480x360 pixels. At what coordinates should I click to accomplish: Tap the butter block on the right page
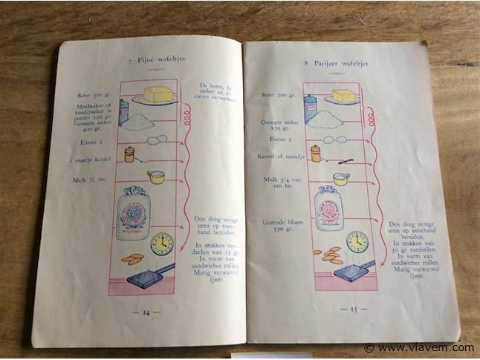pos(343,95)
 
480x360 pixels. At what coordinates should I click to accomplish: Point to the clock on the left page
pos(161,242)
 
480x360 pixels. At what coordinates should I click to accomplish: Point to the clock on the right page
pos(357,241)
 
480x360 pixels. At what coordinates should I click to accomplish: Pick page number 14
pos(141,312)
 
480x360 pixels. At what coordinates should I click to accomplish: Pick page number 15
pos(349,308)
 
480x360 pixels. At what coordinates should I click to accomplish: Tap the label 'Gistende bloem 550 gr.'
pos(279,225)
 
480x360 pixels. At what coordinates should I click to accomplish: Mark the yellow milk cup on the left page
pos(156,177)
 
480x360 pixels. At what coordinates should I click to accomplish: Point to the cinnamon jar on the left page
pos(129,154)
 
